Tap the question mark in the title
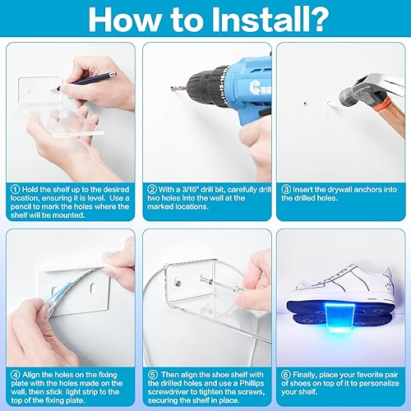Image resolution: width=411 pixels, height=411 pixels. pyautogui.click(x=316, y=20)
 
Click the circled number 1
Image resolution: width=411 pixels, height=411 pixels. pyautogui.click(x=16, y=189)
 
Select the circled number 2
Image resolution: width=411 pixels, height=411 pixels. pyautogui.click(x=152, y=189)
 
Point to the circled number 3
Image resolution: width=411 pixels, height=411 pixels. pyautogui.click(x=286, y=189)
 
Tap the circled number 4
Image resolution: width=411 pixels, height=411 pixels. pyautogui.click(x=16, y=375)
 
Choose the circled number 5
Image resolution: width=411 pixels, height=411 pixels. pyautogui.click(x=153, y=375)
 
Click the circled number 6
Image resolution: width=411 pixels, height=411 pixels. pyautogui.click(x=286, y=375)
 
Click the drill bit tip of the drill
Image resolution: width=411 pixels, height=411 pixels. pyautogui.click(x=171, y=88)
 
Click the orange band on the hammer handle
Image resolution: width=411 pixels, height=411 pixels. pyautogui.click(x=382, y=104)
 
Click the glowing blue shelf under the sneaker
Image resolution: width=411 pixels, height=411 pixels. pyautogui.click(x=339, y=317)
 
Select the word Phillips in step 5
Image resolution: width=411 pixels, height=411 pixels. pyautogui.click(x=252, y=383)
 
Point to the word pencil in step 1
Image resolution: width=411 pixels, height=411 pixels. pyautogui.click(x=21, y=206)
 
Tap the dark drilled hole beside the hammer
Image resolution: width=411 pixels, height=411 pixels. pyautogui.click(x=306, y=104)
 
